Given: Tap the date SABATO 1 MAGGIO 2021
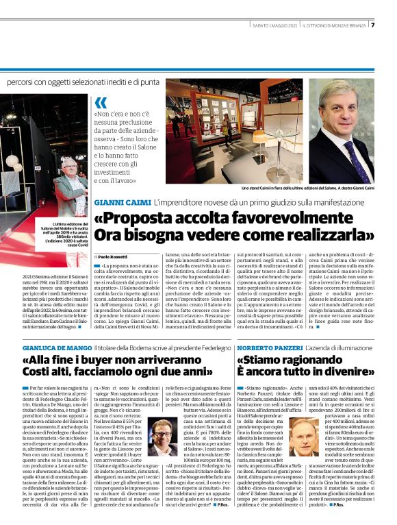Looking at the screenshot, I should coord(274,26).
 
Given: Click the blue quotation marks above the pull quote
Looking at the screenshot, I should coord(101,104).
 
